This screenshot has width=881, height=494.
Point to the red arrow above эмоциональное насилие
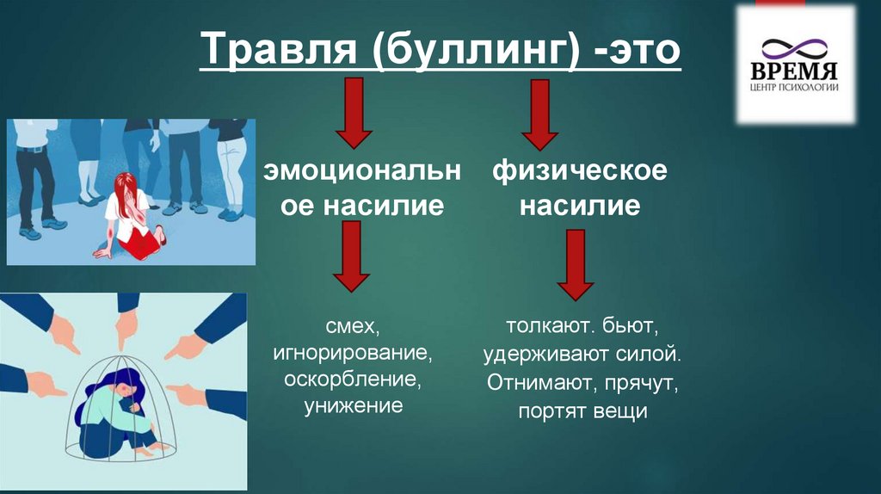pyautogui.click(x=353, y=112)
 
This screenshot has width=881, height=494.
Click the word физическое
pyautogui.click(x=580, y=171)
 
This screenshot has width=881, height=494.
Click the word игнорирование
pyautogui.click(x=353, y=354)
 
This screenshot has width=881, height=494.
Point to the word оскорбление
pyautogui.click(x=353, y=380)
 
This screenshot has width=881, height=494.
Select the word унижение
pyautogui.click(x=353, y=405)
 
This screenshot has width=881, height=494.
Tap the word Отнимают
pyautogui.click(x=532, y=381)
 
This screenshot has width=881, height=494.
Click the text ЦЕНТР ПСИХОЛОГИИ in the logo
pyautogui.click(x=795, y=86)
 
